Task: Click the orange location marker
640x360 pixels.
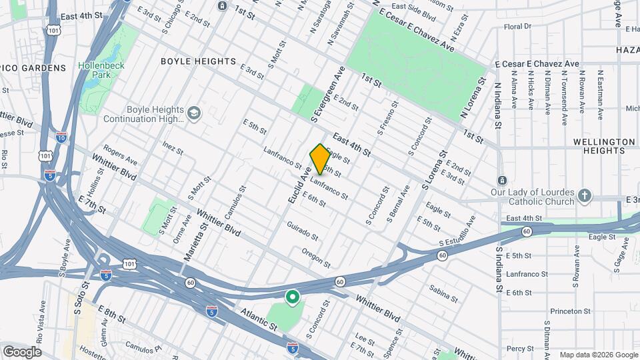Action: (320, 158)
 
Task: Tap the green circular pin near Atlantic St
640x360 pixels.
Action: (291, 297)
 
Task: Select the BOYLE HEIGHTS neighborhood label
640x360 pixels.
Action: (199, 61)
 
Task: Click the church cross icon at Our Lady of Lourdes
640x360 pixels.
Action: (585, 196)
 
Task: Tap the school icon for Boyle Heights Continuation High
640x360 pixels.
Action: (194, 113)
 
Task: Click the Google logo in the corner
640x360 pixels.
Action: (22, 351)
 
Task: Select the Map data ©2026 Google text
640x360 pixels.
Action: (597, 355)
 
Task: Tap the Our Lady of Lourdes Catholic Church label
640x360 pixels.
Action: (541, 197)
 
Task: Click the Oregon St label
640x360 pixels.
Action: (316, 256)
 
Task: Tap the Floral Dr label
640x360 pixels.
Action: (517, 27)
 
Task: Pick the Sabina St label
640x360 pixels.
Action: (443, 290)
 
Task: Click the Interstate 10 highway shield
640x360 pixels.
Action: (61, 137)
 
